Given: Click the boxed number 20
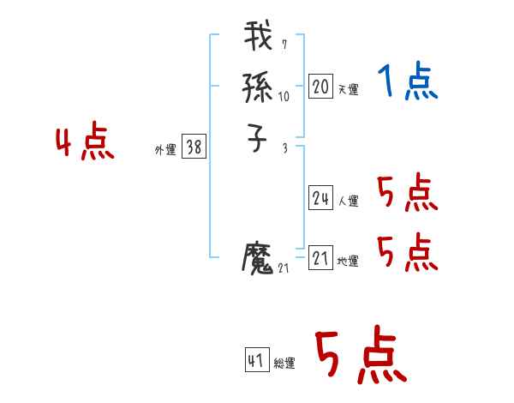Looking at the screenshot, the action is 320,87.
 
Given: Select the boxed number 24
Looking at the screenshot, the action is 320,199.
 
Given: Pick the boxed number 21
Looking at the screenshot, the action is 320,258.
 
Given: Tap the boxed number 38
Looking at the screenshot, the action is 194,147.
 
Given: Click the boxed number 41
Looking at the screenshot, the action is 256,360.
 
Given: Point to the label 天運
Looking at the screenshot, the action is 349,89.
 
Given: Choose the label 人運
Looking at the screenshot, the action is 349,201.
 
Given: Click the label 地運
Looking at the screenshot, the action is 349,261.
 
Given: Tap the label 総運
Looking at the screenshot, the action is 284,363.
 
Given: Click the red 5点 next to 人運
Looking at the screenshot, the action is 407,193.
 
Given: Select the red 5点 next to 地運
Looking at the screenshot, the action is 407,252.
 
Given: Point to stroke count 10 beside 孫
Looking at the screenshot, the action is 284,96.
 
